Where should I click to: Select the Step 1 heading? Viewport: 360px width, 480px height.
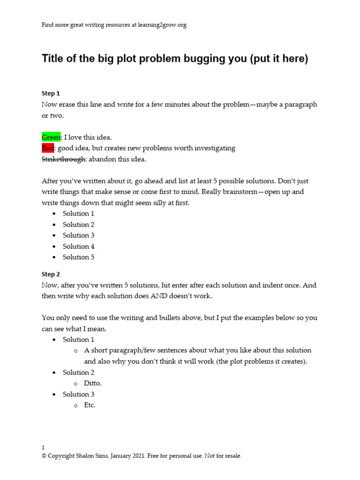(x=51, y=93)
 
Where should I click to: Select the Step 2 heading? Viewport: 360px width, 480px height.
(x=51, y=274)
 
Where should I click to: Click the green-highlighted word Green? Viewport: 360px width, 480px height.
(x=51, y=137)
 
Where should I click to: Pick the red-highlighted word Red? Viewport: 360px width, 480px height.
(x=48, y=148)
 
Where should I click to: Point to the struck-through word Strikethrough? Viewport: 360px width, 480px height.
(x=64, y=159)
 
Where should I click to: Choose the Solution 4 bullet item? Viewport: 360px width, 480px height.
(x=79, y=246)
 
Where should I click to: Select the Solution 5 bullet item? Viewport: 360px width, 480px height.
(x=79, y=257)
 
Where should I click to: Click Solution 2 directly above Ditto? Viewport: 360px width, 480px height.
(x=79, y=372)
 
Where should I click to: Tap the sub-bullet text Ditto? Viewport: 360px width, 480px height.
(x=93, y=383)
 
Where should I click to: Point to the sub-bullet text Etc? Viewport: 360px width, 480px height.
(x=90, y=405)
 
